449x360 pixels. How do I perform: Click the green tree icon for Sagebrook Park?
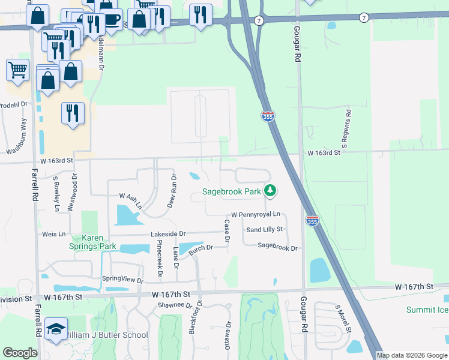coord(271,191)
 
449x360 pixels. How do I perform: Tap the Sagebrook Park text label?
coord(231,191)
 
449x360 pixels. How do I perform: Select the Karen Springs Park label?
coord(100,241)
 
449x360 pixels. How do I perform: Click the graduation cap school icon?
coord(56,329)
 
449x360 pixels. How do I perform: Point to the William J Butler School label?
coord(106,335)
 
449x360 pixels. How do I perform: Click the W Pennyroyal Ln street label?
coord(256,215)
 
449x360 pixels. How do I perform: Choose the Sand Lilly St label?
coord(264,230)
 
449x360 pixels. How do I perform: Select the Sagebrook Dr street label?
coord(277,246)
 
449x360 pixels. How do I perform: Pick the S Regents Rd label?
coord(346,128)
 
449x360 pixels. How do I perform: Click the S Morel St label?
coord(342,317)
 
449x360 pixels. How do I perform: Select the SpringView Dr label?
coord(123,280)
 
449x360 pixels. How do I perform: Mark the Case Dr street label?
coord(227,231)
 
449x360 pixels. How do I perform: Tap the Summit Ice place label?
coord(427,310)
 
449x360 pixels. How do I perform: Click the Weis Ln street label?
coord(53,234)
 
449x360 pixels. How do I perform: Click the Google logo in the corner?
coord(20,353)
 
